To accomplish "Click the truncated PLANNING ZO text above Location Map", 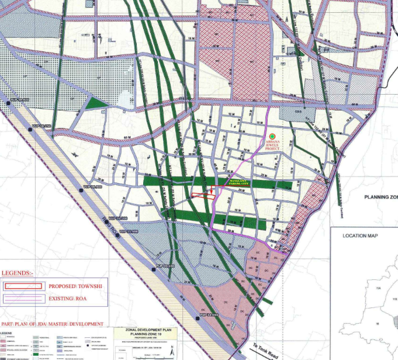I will coord(380,197).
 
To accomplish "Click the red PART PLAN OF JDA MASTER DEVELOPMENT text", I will coord(53,324).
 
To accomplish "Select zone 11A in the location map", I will coord(369,288).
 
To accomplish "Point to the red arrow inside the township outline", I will coord(210,193).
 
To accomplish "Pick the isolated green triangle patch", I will coord(97,103).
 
